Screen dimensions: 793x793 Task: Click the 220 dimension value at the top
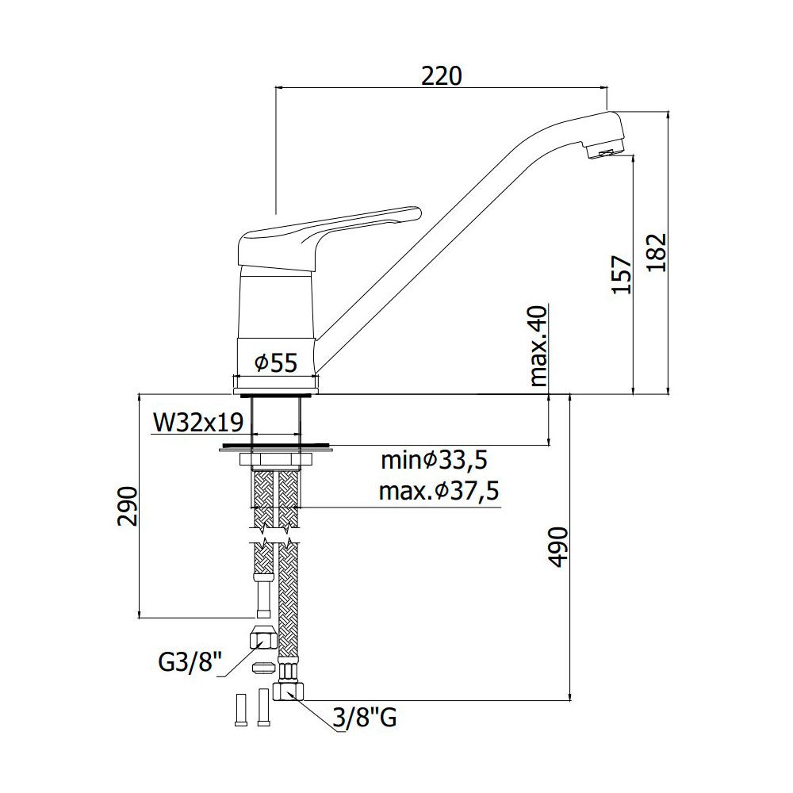pyautogui.click(x=442, y=76)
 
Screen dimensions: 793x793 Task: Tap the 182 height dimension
pyautogui.click(x=657, y=252)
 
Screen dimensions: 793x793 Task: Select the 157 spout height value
pyautogui.click(x=622, y=274)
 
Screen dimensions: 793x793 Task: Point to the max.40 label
pyautogui.click(x=538, y=347)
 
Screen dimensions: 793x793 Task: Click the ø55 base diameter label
pyautogui.click(x=276, y=362)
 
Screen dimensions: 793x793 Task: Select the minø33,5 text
pyautogui.click(x=434, y=460)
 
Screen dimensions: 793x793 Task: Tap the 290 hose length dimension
pyautogui.click(x=128, y=506)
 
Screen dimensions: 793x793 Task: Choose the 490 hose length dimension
pyautogui.click(x=559, y=547)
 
